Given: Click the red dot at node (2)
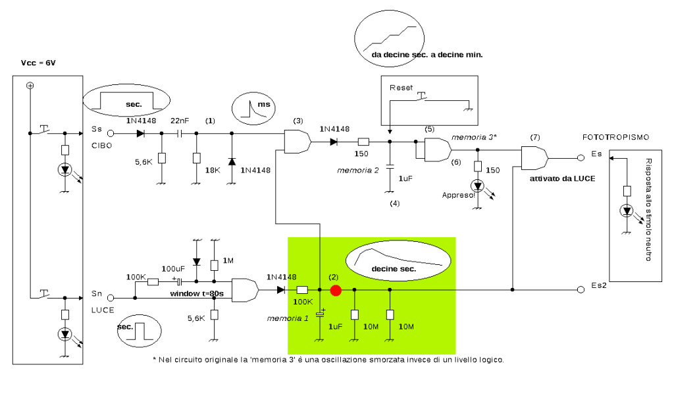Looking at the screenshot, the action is (x=336, y=291).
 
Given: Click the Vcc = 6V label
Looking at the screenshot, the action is (x=38, y=63).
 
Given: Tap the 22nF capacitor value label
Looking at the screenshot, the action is (x=180, y=121).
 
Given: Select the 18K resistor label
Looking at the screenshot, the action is (x=213, y=170).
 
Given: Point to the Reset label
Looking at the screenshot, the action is (x=401, y=88).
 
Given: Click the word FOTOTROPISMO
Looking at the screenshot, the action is (x=615, y=137).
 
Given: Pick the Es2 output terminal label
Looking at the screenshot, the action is (x=599, y=285).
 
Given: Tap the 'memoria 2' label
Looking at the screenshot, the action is (x=357, y=170).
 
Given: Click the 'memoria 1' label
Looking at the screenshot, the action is (x=288, y=318).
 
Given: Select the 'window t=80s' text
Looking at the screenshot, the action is (x=197, y=294).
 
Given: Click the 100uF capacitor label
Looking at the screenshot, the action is (x=173, y=269).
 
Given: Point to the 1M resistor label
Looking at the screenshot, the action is (x=228, y=260).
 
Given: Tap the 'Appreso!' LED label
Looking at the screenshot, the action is (x=458, y=195).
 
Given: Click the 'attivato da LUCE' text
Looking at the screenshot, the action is (x=562, y=179).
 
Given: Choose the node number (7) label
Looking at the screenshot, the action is (x=534, y=137).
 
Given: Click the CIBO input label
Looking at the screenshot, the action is (x=101, y=146).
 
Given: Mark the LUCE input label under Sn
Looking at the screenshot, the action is (x=102, y=310).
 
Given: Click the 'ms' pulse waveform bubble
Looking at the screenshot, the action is (x=253, y=109).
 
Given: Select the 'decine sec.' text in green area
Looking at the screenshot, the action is (x=394, y=269).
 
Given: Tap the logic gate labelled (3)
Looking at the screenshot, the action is (x=298, y=141).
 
